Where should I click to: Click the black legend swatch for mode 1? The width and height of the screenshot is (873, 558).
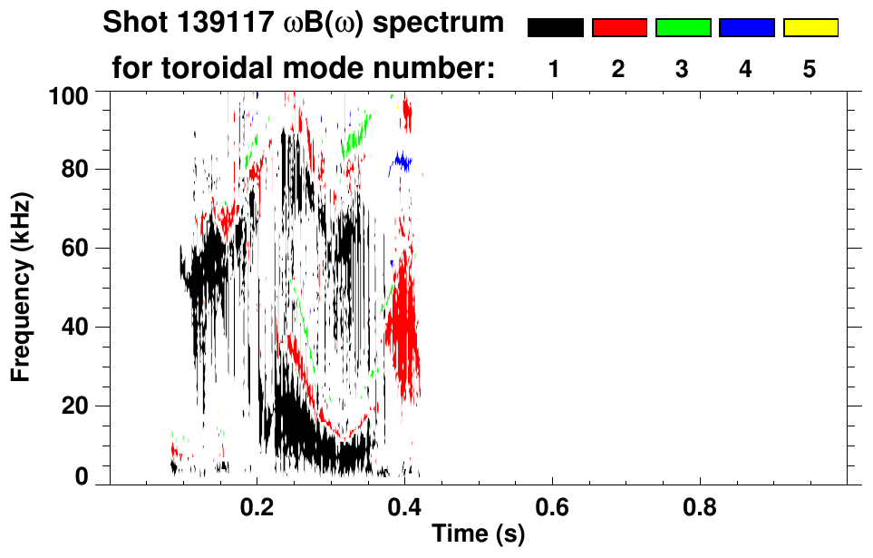click(x=555, y=28)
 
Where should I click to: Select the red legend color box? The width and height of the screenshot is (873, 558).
click(x=619, y=28)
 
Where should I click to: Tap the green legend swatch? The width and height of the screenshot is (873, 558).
click(x=683, y=28)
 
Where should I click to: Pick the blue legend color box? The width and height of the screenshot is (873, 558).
click(x=746, y=28)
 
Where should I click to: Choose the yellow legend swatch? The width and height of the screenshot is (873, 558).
click(x=810, y=28)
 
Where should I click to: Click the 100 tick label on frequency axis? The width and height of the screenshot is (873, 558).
click(x=67, y=93)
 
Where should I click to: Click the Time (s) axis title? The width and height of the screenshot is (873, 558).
click(x=477, y=535)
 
